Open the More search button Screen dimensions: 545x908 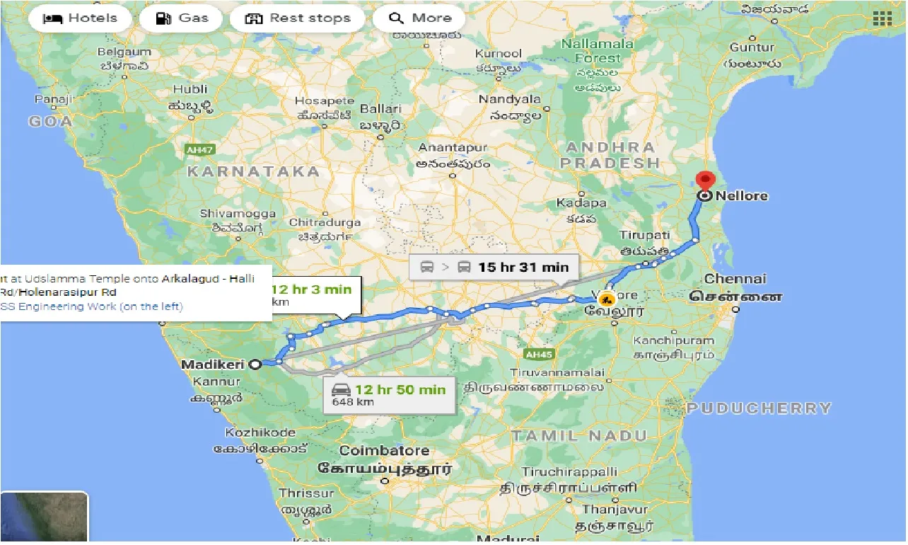[x=420, y=18]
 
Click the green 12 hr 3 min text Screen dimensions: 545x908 [x=311, y=289]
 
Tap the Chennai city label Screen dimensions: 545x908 [x=735, y=279]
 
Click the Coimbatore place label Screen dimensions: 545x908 [x=384, y=451]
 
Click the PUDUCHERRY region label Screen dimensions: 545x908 [x=759, y=408]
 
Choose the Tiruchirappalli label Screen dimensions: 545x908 [x=569, y=471]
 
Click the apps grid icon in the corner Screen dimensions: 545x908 [x=882, y=19]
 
